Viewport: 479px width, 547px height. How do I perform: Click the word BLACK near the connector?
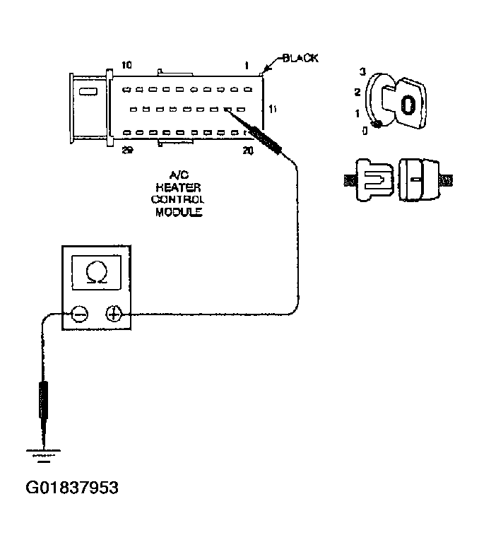click(300, 58)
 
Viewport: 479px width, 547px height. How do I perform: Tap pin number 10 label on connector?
click(126, 66)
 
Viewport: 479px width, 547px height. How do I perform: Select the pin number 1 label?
click(246, 66)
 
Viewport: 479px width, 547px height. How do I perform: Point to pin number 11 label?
click(274, 110)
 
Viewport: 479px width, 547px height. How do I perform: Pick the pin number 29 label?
click(126, 149)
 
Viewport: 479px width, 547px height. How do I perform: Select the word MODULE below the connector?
click(179, 211)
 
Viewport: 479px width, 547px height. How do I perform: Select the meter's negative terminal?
click(80, 313)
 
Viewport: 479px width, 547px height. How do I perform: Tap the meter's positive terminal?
click(114, 313)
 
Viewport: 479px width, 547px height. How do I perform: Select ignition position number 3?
click(362, 72)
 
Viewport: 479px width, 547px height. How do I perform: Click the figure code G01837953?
click(72, 488)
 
